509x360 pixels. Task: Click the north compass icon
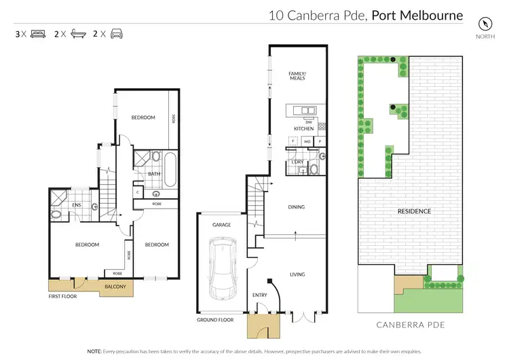(483, 22)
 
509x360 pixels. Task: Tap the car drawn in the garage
(222, 268)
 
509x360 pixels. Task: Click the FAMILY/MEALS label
(297, 75)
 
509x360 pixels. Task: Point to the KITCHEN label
(303, 128)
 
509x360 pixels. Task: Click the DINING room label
(297, 207)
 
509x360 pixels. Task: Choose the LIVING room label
(297, 274)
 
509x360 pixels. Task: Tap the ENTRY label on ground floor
(260, 295)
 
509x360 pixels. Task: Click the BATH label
(154, 174)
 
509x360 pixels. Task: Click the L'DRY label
(297, 161)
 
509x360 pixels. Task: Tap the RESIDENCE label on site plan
(414, 211)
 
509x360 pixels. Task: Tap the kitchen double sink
(307, 111)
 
